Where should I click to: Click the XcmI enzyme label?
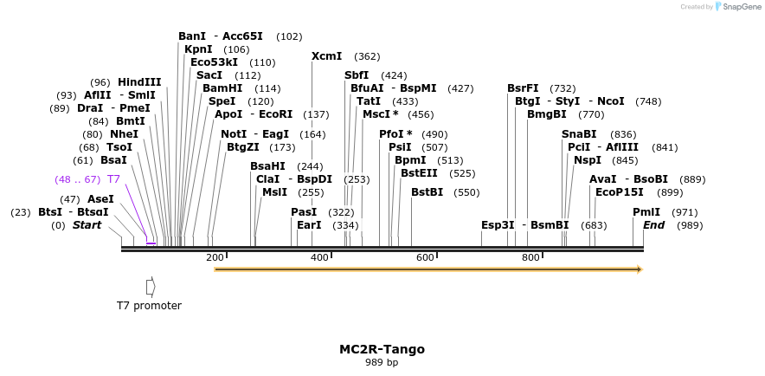coord(326,56)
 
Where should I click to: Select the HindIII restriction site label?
coord(139,82)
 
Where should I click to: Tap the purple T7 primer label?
coord(113,179)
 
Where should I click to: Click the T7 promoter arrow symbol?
coord(151,286)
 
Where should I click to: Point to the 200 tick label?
coord(215,257)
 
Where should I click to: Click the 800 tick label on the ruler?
coord(530,257)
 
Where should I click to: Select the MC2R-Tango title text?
coord(382,350)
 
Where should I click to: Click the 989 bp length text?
coord(382,363)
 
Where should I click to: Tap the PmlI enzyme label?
coord(646,212)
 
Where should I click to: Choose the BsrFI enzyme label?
coord(523,88)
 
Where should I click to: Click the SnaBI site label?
coord(579,134)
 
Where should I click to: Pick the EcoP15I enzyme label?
coord(620,192)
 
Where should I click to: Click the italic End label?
coord(653,225)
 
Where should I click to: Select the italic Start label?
coord(87,225)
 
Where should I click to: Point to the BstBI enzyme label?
coord(427,192)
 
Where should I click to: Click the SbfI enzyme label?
coord(357,75)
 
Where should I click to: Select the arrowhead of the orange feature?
coord(639,269)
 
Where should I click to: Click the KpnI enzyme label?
coord(198,49)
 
